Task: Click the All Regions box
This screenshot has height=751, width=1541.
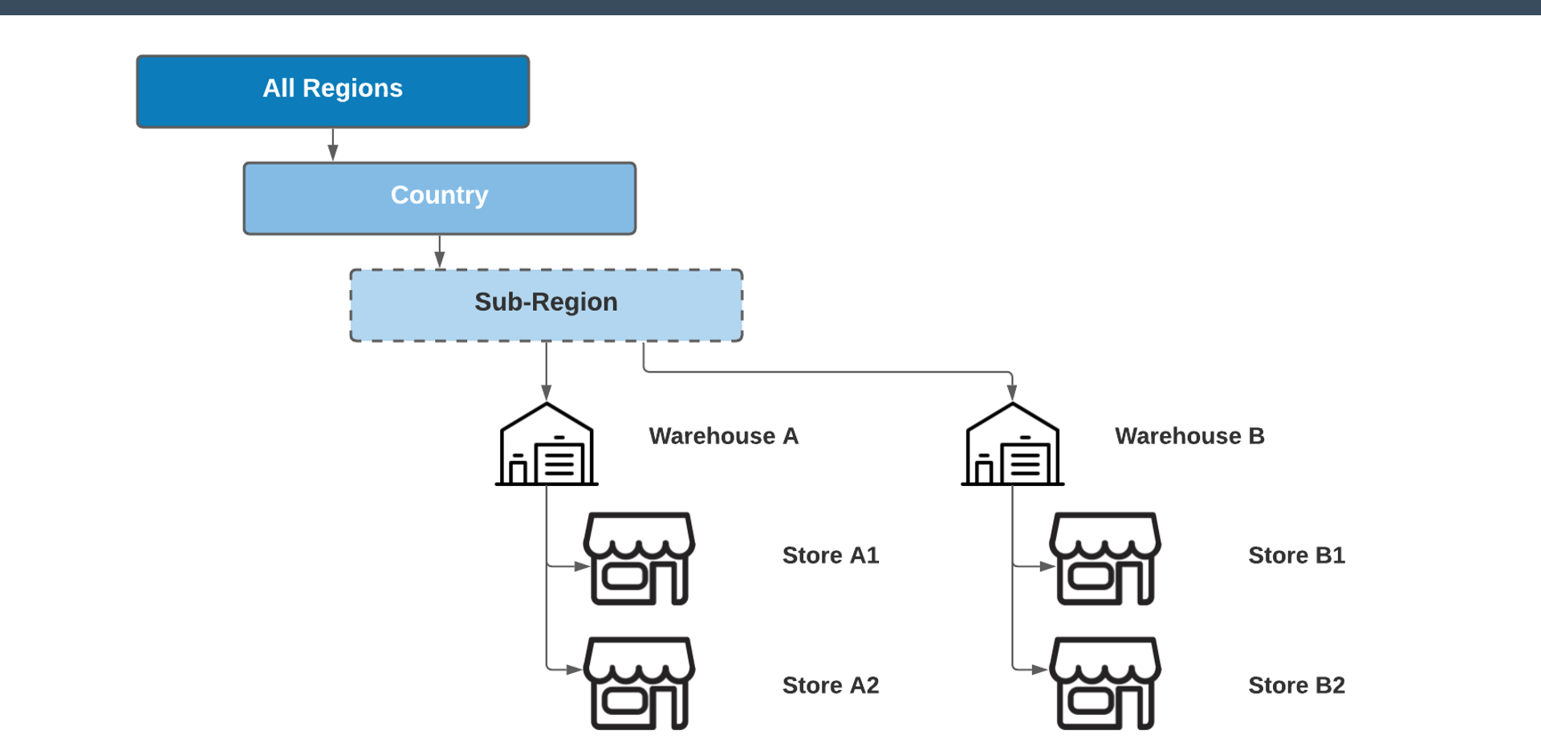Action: coord(332,91)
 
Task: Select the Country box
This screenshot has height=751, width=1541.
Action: coord(439,198)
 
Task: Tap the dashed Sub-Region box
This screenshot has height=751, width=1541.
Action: coord(546,304)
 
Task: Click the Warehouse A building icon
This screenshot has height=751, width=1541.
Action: coord(547,446)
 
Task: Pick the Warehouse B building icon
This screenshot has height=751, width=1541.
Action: coord(1012,446)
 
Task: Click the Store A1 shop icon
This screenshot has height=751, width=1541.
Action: coord(639,559)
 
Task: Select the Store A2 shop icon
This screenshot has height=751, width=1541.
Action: coord(639,684)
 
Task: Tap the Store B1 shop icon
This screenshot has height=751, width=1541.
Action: coord(1105,559)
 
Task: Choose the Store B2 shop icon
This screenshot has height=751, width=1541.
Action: coord(1105,684)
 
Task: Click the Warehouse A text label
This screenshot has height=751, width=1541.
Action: coord(723,436)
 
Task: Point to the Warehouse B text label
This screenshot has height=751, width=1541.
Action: coord(1189,436)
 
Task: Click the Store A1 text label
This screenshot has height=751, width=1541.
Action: coord(831,555)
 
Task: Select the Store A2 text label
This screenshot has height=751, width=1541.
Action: coord(831,685)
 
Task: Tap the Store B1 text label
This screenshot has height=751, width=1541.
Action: coord(1296,555)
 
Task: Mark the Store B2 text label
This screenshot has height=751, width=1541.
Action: coord(1296,685)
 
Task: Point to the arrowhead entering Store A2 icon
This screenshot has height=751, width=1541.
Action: coord(574,669)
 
